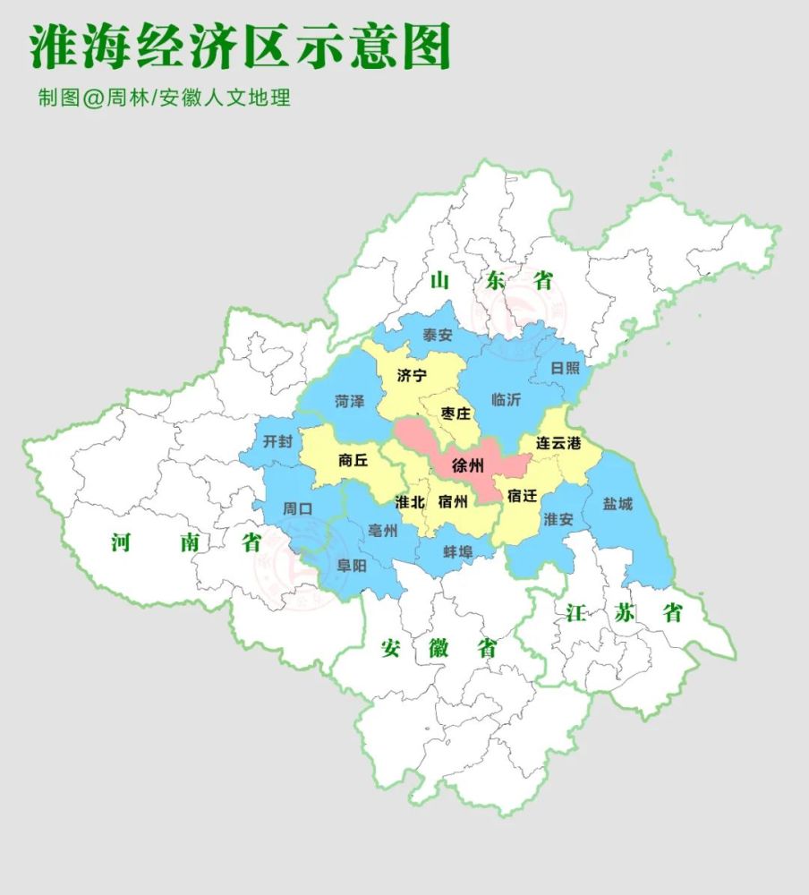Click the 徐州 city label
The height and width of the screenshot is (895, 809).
tap(468, 465)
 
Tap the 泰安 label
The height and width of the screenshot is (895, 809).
tap(438, 336)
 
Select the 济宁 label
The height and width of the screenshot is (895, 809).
tap(412, 376)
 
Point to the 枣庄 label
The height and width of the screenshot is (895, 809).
tap(456, 413)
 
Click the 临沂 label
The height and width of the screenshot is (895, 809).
tap(506, 399)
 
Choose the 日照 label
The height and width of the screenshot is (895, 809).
tap(565, 368)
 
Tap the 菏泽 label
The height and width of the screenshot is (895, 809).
tap(350, 401)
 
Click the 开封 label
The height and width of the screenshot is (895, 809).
tap(277, 441)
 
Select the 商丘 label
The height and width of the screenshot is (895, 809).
tap(353, 461)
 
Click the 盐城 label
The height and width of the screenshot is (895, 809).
tap(617, 504)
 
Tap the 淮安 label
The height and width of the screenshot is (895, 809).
tap(558, 519)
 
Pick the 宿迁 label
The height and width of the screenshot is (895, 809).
tap(522, 495)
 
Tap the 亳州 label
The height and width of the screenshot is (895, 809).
tap(382, 531)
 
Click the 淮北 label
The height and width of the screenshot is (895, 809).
tap(410, 501)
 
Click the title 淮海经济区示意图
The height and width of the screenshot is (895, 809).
tap(240, 47)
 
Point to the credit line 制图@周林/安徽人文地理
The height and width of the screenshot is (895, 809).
tap(164, 98)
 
